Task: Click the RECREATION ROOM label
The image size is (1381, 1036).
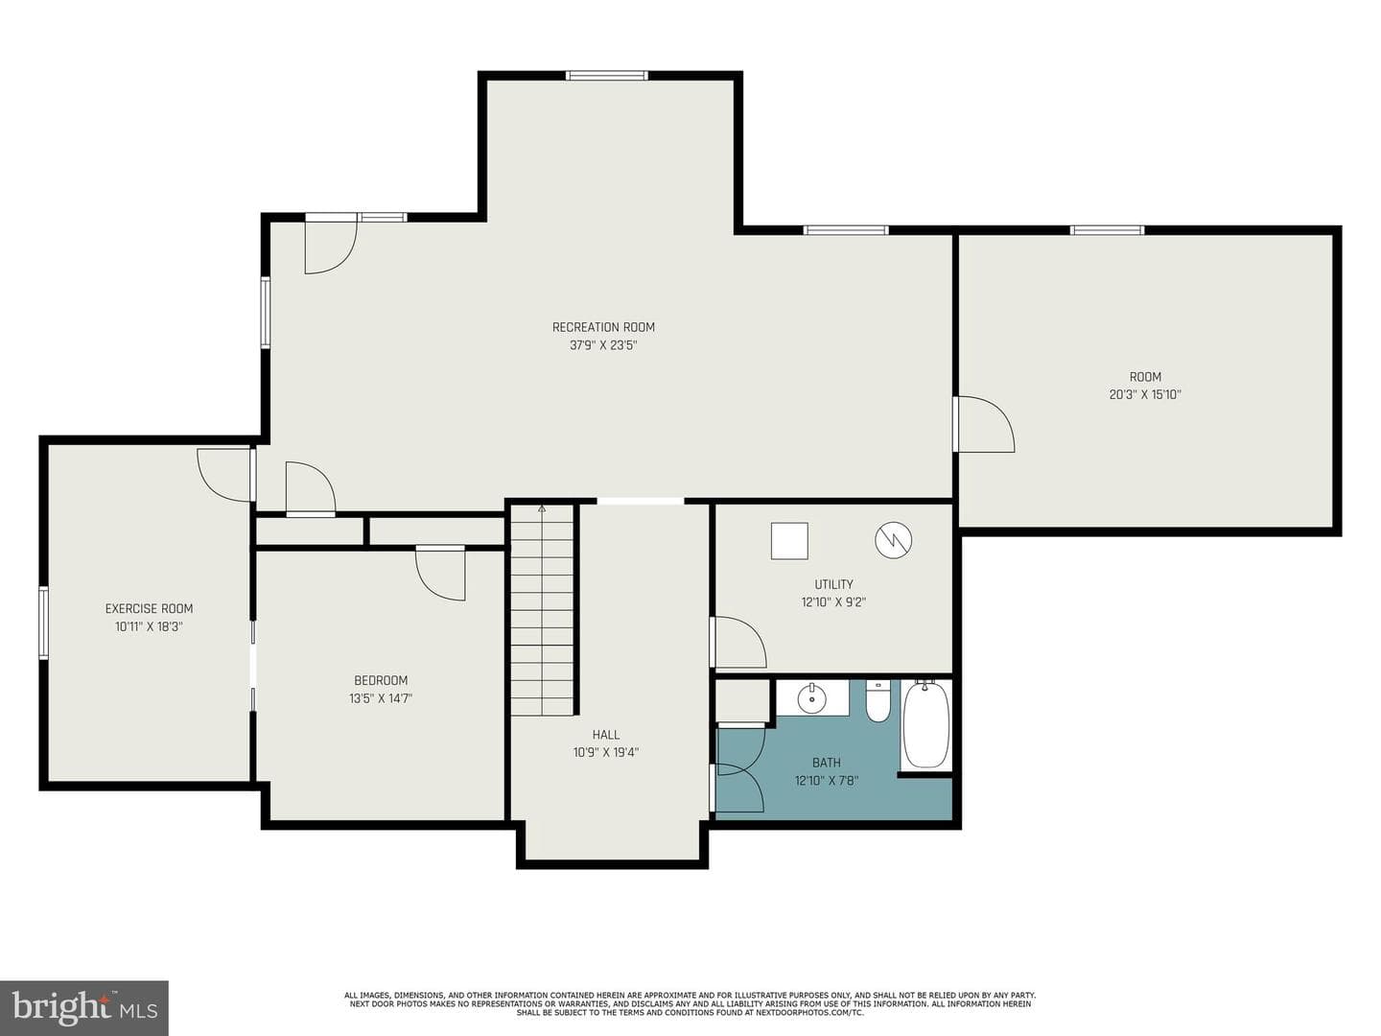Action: [x=602, y=327]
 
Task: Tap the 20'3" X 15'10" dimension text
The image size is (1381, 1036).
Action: [x=1144, y=395]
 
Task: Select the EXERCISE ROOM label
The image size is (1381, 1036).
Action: [x=149, y=609]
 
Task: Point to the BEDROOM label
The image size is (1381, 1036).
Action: [x=381, y=681]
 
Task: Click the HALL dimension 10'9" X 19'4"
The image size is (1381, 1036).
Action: [x=605, y=752]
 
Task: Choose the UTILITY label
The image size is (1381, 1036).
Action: [x=833, y=584]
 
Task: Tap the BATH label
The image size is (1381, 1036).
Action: [x=826, y=763]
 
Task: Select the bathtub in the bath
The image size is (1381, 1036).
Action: [x=925, y=725]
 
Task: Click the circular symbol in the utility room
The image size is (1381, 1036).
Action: [x=893, y=540]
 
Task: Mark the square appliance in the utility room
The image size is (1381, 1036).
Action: [x=789, y=540]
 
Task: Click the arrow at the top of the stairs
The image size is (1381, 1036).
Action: [x=541, y=508]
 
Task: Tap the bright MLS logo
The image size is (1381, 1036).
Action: [x=83, y=1007]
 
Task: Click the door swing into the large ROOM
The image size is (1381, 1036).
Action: [x=985, y=424]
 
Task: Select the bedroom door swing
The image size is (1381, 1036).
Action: [x=440, y=575]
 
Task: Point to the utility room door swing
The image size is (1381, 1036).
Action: [x=739, y=642]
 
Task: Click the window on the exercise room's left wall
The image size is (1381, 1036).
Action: [x=43, y=623]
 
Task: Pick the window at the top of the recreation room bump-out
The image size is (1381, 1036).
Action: [x=606, y=76]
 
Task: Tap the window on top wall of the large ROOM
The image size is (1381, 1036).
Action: [x=1107, y=230]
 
